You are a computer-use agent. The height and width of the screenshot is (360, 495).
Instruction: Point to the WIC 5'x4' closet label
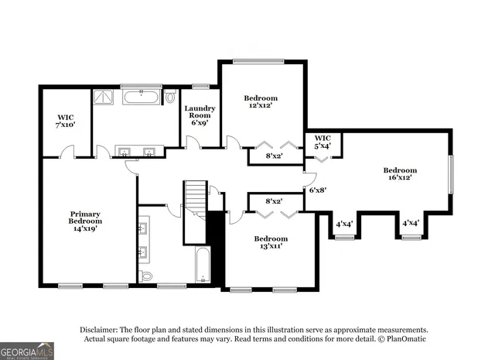[322, 142]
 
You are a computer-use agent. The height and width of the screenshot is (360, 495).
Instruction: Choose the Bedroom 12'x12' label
[261, 101]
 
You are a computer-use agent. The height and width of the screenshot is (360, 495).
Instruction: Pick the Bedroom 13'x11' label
[271, 242]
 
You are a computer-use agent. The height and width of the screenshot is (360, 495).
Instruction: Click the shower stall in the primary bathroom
[103, 98]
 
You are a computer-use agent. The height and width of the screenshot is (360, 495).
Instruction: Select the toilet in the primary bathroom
[170, 98]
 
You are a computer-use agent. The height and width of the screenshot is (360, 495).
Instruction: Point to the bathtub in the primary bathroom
[141, 98]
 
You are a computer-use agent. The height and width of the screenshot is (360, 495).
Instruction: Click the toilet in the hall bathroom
[147, 276]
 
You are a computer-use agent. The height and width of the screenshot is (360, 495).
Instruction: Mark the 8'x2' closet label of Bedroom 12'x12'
[275, 156]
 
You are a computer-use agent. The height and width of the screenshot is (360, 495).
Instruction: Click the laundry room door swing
[194, 142]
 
